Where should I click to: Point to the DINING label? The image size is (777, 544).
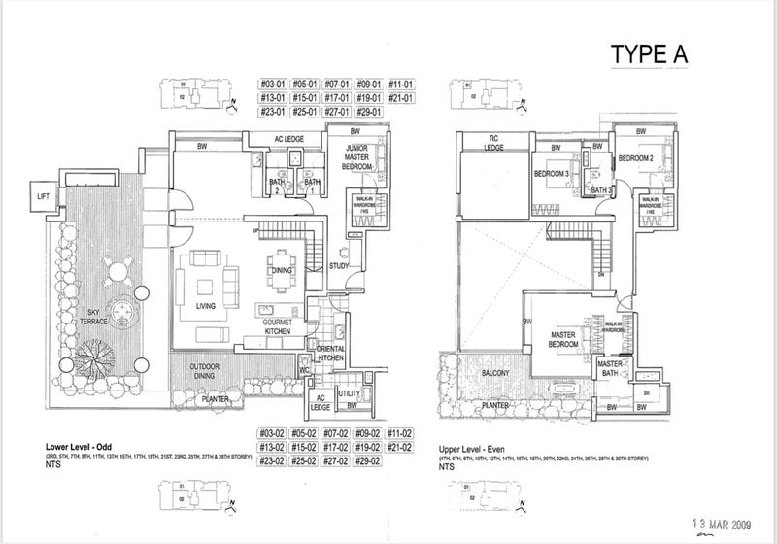[282, 271]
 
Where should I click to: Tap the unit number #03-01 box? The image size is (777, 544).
[271, 84]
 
